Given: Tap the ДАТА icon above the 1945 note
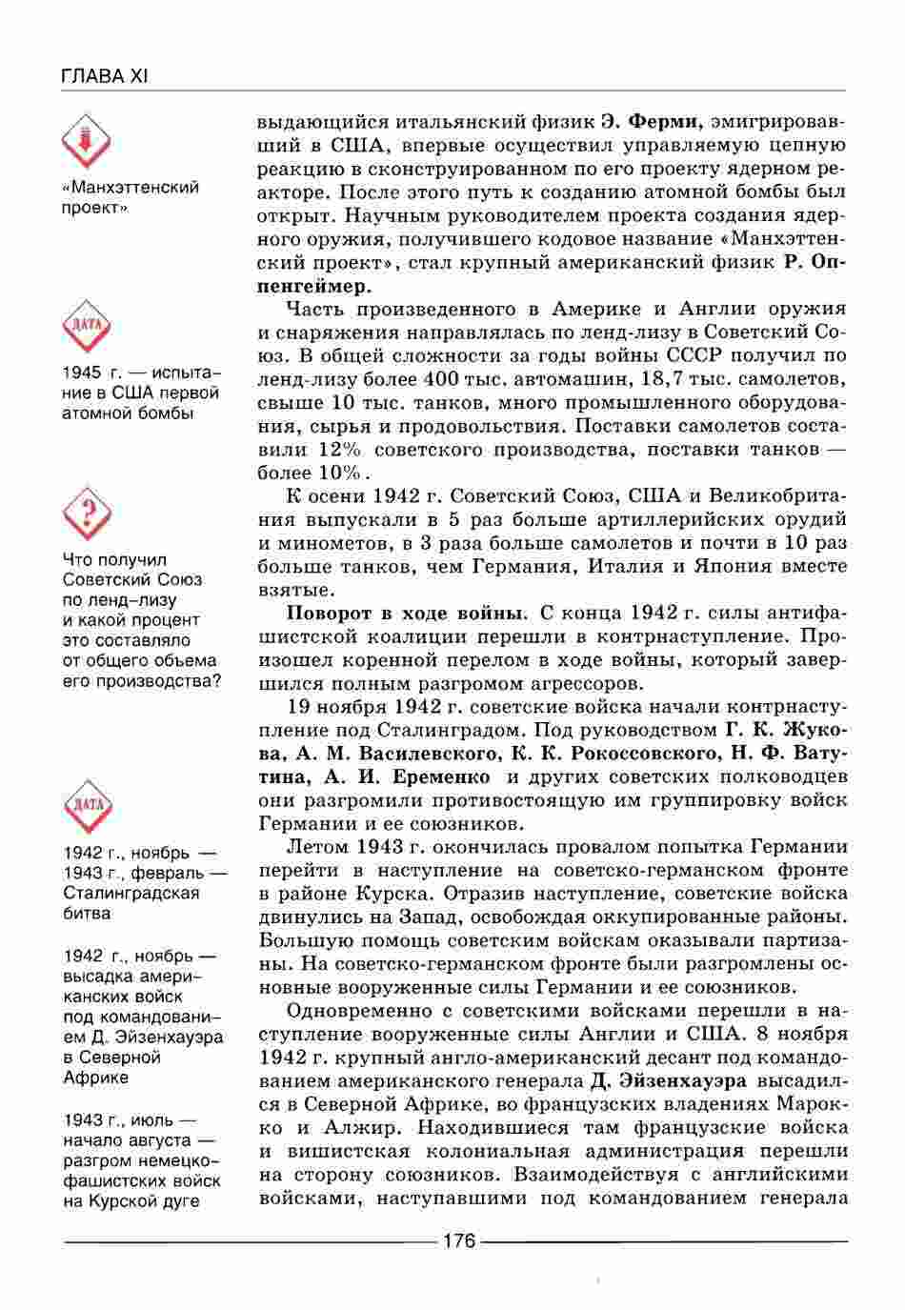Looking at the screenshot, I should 87,329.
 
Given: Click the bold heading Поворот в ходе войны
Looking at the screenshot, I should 408,613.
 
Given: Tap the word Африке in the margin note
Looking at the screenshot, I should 95,1078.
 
